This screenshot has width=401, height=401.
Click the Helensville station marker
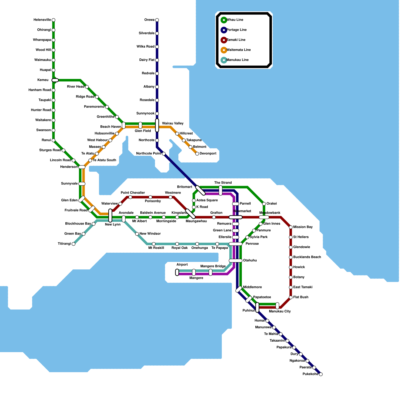click(x=53, y=20)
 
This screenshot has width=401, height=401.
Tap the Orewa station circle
click(x=157, y=20)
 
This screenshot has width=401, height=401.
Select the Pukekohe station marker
click(x=321, y=374)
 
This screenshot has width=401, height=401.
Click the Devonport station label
click(x=208, y=153)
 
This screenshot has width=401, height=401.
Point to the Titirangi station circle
click(x=73, y=244)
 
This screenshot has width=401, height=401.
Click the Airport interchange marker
click(x=177, y=272)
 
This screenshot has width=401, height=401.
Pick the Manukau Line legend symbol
click(x=224, y=60)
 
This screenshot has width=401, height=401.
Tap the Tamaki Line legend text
click(x=236, y=40)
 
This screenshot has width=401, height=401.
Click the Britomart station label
click(x=184, y=187)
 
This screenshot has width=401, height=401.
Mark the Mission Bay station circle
click(x=291, y=227)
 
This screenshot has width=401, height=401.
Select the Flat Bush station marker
click(x=291, y=297)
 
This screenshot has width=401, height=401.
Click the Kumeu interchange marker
click(x=55, y=80)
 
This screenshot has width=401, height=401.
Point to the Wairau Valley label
click(x=173, y=123)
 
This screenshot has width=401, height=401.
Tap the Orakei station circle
click(x=264, y=204)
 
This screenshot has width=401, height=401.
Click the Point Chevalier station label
click(x=133, y=193)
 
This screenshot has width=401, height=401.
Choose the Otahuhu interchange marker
click(x=236, y=261)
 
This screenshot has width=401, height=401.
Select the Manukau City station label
click(x=280, y=311)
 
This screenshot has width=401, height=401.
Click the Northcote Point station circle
click(x=164, y=154)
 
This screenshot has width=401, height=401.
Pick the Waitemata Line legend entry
click(x=239, y=50)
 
